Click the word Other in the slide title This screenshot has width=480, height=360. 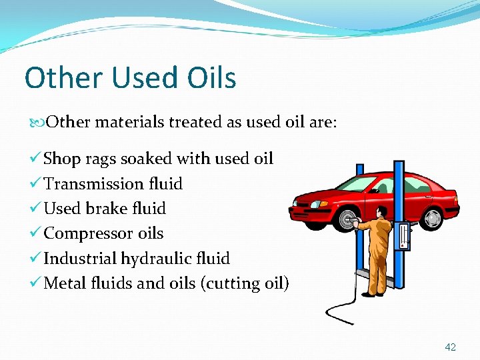[x=61, y=78]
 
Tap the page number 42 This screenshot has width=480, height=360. [x=451, y=347]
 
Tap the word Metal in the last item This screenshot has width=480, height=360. [x=65, y=283]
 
